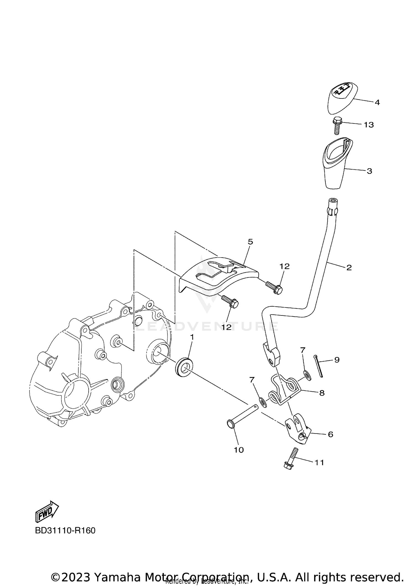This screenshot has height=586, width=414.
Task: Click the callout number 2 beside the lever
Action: click(x=349, y=267)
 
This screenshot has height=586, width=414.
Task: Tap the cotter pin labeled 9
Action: click(x=318, y=366)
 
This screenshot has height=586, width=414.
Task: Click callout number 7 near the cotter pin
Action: click(x=303, y=350)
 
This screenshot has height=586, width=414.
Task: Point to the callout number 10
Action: click(x=239, y=450)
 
